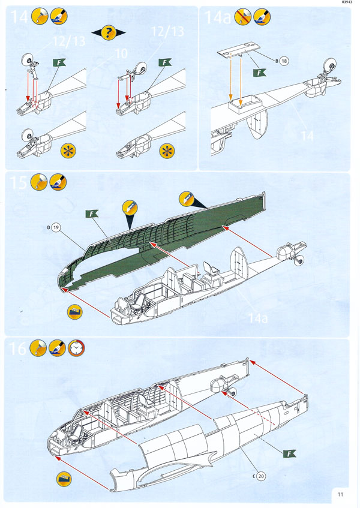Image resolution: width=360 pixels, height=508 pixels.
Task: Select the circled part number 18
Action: (x=285, y=61)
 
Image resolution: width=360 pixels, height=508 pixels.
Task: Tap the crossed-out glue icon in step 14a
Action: (x=243, y=17)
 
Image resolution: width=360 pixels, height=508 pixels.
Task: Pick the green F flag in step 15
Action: (x=93, y=214)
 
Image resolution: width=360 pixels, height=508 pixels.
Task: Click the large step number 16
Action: (x=18, y=348)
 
